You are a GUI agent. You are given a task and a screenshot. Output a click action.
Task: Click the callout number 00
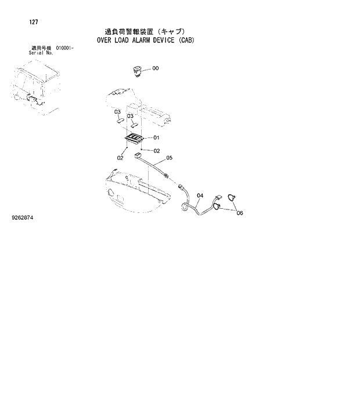156,68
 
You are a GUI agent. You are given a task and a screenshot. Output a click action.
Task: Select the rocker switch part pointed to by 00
137,71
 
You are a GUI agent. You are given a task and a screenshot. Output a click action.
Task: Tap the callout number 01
156,138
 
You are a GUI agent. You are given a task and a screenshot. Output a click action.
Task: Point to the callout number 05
170,157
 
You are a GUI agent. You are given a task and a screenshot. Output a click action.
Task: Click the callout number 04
200,195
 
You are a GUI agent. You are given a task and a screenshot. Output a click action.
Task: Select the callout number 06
239,213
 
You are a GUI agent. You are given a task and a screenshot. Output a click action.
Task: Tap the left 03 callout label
117,111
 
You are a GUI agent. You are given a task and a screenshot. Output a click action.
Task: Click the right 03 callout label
130,115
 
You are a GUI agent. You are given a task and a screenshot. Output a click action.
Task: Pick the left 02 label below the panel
120,157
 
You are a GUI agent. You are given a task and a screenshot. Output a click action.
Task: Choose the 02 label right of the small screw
156,150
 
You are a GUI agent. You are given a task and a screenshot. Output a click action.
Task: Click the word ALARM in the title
136,41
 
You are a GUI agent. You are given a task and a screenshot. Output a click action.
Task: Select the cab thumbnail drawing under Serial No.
35,87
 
